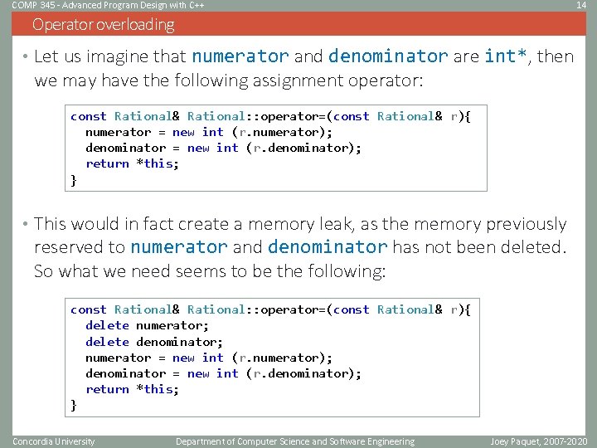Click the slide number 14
tap(581, 5)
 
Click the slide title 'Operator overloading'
tap(104, 25)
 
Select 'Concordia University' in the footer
tap(54, 441)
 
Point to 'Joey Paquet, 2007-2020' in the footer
tap(538, 441)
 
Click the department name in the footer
tap(295, 441)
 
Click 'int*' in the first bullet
tap(507, 57)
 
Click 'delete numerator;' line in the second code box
tap(147, 325)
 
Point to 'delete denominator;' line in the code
tap(154, 341)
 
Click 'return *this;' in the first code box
tap(132, 163)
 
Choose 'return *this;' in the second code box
tap(132, 389)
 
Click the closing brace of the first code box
tap(74, 179)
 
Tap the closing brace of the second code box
tap(74, 405)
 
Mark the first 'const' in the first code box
tap(88, 116)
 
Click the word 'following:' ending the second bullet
tap(347, 271)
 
